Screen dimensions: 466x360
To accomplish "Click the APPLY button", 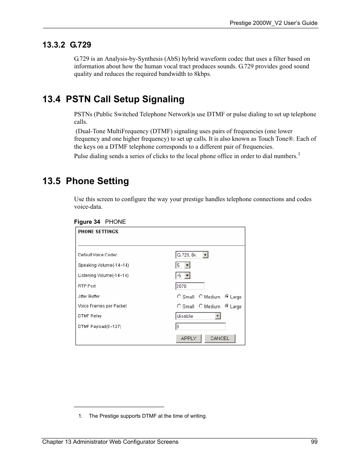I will pyautogui.click(x=188, y=338).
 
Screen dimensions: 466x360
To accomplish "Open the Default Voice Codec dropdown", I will pyautogui.click(x=192, y=255).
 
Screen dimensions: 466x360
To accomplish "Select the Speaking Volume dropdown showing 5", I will pyautogui.click(x=183, y=265).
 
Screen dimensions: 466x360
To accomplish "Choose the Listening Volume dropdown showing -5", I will pyautogui.click(x=183, y=275).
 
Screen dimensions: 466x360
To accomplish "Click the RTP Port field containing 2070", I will pyautogui.click(x=190, y=286).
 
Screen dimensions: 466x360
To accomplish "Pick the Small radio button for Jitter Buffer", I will pyautogui.click(x=179, y=297).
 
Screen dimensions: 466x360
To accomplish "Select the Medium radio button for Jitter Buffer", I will pyautogui.click(x=201, y=297).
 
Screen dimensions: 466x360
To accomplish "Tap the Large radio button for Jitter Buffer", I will pyautogui.click(x=227, y=297).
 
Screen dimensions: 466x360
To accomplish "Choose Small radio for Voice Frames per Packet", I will pyautogui.click(x=179, y=306).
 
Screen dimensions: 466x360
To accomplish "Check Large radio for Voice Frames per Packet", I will pyautogui.click(x=227, y=306).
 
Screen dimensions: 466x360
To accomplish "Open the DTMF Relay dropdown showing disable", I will pyautogui.click(x=198, y=316).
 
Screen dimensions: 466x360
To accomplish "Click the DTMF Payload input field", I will pyautogui.click(x=200, y=327).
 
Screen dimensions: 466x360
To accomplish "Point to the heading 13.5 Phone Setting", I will pyautogui.click(x=86, y=181).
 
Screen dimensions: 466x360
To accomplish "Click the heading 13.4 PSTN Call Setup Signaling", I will pyautogui.click(x=113, y=99).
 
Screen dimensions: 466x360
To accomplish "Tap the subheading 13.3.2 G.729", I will pyautogui.click(x=67, y=45).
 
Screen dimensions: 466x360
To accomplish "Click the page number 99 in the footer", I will pyautogui.click(x=314, y=442).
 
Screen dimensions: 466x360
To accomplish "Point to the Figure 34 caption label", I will pyautogui.click(x=100, y=222).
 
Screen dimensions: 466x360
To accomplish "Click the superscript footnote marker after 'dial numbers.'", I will pyautogui.click(x=299, y=154).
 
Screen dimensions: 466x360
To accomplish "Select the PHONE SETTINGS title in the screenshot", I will pyautogui.click(x=98, y=232).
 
